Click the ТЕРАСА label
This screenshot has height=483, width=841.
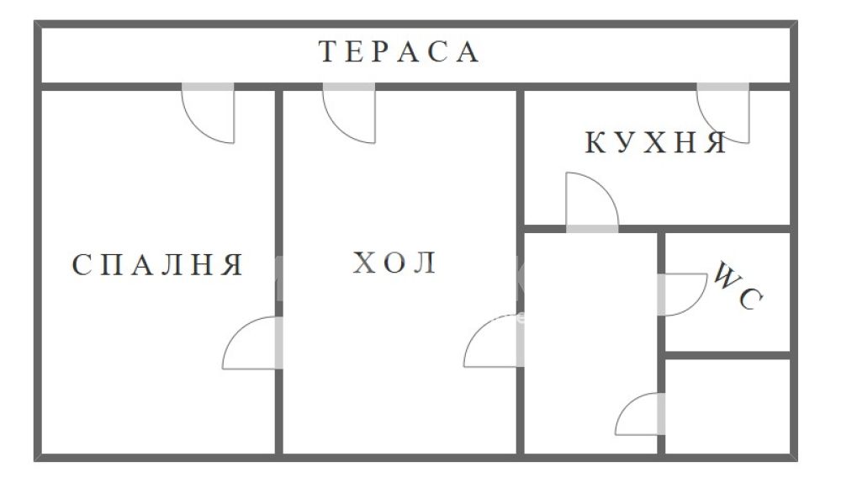tap(399, 52)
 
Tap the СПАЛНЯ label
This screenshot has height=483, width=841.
tap(158, 264)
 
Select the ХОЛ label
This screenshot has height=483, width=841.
tap(394, 263)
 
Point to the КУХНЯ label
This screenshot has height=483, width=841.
tap(655, 143)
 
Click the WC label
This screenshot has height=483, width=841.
tap(738, 285)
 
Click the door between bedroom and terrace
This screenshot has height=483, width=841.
tap(208, 113)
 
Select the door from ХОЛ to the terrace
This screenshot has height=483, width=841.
tap(349, 113)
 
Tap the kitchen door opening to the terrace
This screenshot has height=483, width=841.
tap(723, 113)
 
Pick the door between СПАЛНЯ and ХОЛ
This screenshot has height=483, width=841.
tap(252, 342)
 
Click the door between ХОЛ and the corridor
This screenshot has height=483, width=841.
tap(494, 342)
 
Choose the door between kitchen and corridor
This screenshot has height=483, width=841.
tap(592, 202)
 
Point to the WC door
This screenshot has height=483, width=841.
tap(682, 295)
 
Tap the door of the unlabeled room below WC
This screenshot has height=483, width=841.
tap(640, 414)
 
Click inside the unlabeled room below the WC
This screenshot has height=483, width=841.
tap(727, 406)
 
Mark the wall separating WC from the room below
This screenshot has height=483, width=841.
tap(727, 355)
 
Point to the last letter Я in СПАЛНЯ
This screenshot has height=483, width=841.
tap(233, 264)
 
